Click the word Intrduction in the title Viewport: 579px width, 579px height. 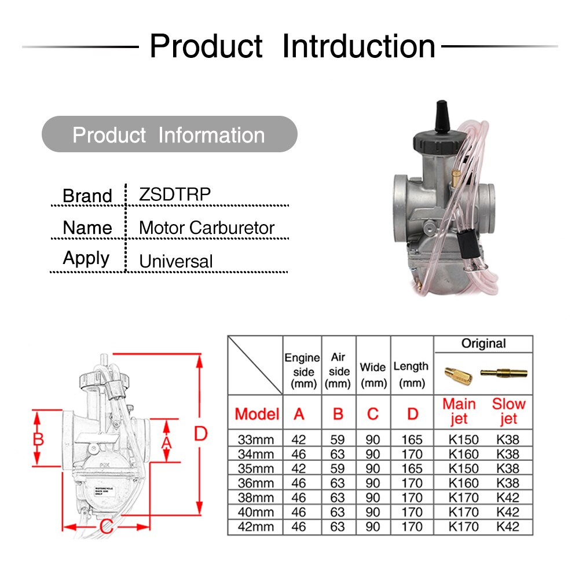point(358,46)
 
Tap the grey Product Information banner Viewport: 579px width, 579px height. point(169,135)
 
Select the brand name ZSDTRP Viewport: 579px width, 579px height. point(175,195)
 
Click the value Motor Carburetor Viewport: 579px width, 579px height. point(206,228)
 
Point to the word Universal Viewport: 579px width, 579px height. point(176,261)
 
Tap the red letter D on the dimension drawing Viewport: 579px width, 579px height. point(200,433)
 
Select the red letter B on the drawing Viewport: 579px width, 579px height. point(38,439)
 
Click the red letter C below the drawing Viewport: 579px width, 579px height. point(106,527)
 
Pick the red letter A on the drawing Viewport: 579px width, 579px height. point(166,442)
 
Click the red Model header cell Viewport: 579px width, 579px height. point(256,414)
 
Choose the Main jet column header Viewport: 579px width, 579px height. point(459,411)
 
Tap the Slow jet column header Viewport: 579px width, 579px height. point(508,411)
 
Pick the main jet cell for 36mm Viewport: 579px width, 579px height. point(463,483)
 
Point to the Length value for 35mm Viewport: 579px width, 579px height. point(412,468)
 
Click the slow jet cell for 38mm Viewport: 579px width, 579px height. point(508,497)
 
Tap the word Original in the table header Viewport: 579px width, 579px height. point(483,344)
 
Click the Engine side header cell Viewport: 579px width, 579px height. point(302,371)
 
